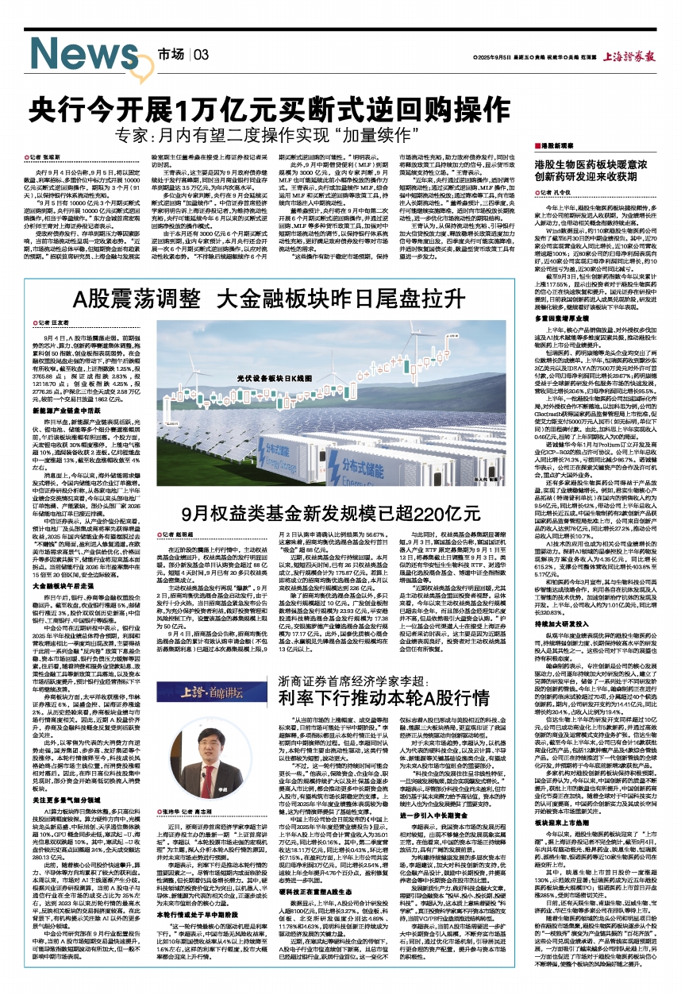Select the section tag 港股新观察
(x=564, y=147)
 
